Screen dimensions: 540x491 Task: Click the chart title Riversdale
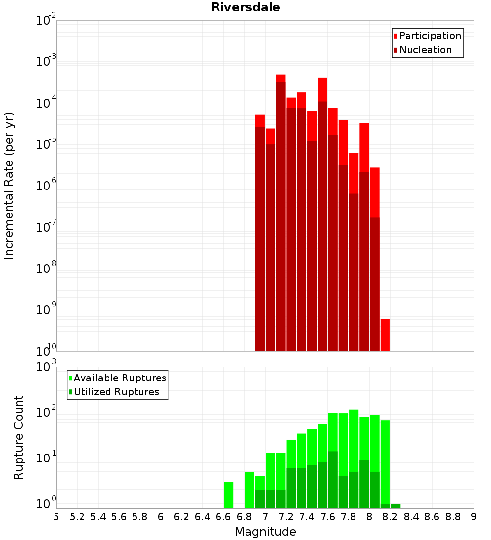point(245,7)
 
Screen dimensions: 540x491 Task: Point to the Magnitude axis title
point(265,532)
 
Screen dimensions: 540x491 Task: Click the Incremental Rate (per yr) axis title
point(9,186)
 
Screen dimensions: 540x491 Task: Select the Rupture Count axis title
point(19,437)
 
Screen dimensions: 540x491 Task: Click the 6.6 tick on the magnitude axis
point(223,517)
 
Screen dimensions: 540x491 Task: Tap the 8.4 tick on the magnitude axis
point(411,517)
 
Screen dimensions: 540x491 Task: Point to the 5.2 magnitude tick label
point(77,517)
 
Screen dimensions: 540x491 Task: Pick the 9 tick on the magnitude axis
point(474,517)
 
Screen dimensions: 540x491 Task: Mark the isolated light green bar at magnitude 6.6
point(228,495)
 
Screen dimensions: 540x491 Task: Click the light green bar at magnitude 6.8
point(249,489)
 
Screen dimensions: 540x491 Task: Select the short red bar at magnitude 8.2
point(385,335)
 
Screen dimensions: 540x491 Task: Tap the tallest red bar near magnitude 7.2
point(281,79)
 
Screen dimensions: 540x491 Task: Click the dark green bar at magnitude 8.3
point(395,506)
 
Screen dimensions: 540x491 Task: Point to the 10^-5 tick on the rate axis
point(47,144)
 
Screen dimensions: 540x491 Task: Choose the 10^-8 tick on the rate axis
point(47,269)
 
